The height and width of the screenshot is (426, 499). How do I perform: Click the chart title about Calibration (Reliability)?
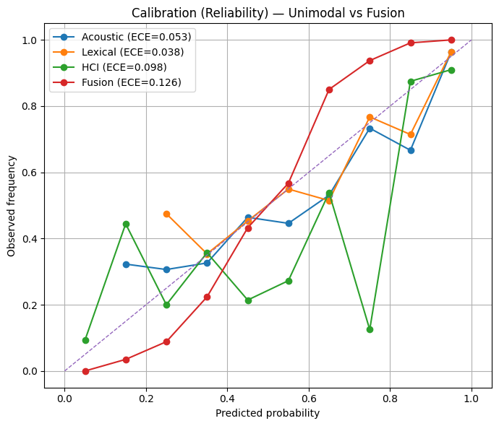(268, 13)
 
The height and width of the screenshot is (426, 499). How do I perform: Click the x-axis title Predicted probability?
(268, 414)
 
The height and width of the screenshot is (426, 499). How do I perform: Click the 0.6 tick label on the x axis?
(309, 396)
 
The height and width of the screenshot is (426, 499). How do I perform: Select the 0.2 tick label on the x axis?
(146, 396)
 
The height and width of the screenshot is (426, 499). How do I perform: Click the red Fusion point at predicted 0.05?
(85, 371)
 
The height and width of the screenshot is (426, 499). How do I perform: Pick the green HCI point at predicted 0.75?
(370, 329)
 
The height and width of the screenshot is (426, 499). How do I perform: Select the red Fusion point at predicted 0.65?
(329, 90)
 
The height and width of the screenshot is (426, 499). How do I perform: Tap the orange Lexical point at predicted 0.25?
(166, 214)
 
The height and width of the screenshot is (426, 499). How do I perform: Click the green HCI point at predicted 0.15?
(126, 224)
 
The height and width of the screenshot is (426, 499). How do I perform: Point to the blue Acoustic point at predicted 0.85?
(411, 150)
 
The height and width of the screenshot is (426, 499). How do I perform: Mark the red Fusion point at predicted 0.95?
(451, 40)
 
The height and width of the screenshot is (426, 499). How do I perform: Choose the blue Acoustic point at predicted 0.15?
(126, 264)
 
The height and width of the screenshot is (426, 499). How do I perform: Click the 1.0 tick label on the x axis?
(472, 396)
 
